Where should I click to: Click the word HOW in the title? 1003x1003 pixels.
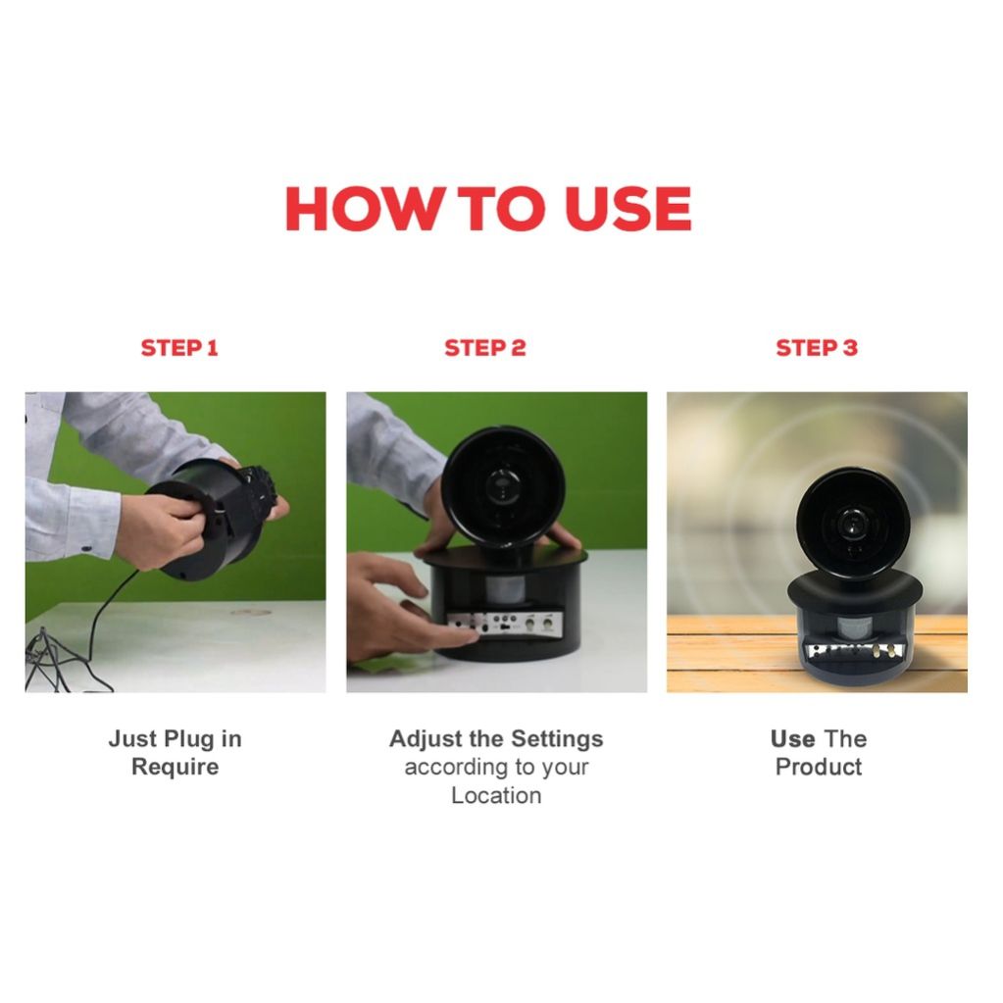pos(362,209)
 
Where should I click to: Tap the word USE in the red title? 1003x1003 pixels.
pos(628,209)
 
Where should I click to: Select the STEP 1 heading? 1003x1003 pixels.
pos(179,348)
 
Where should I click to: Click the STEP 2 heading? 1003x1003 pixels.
pos(485,348)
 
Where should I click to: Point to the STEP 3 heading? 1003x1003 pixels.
pos(816,348)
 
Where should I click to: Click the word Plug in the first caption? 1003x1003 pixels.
pos(189,739)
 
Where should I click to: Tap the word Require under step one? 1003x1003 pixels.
pos(176,767)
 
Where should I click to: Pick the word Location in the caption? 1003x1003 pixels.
pos(496,796)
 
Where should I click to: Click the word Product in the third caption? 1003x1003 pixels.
pos(819,767)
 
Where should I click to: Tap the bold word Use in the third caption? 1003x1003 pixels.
pos(792,739)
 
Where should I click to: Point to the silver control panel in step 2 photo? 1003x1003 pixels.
pos(505,625)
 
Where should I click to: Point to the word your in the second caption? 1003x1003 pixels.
pos(565,768)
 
